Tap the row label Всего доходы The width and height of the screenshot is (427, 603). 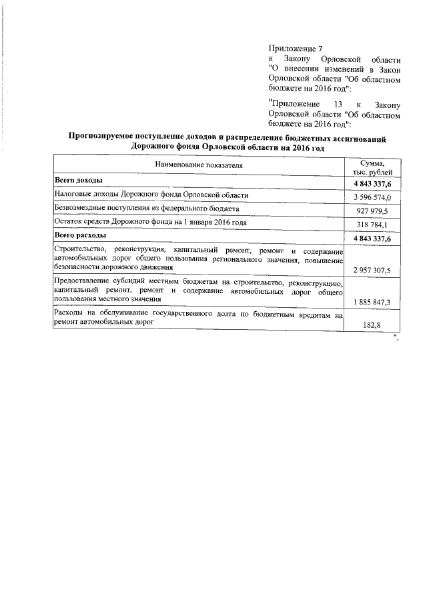[x=78, y=181]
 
